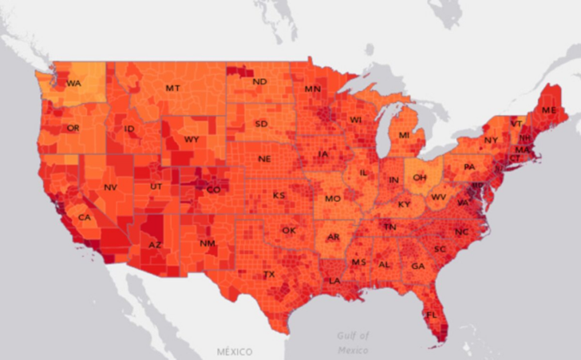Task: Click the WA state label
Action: pos(73,83)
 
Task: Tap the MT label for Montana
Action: pos(172,88)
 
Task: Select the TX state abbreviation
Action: pos(269,274)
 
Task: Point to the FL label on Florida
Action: pos(431,315)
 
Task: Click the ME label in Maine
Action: pos(548,109)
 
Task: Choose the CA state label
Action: pos(83,218)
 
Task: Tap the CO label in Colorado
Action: pos(213,190)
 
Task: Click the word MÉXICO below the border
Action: pos(234,351)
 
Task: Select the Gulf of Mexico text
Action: pos(353,342)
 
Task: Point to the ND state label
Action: pos(259,81)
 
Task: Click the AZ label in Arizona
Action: pos(155,244)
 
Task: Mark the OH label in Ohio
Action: pos(419,177)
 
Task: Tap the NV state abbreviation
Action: pos(111,188)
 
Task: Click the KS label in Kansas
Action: pos(279,195)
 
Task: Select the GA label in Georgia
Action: pos(417,266)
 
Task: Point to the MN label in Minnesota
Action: pos(312,89)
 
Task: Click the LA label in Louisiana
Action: pos(334,281)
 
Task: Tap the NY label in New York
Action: pos(491,140)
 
